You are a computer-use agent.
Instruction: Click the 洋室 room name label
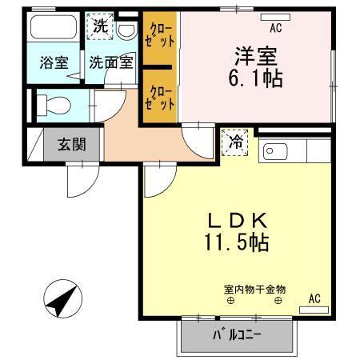(255, 57)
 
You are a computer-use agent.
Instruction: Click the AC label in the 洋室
(276, 29)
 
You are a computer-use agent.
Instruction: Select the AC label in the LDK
(314, 298)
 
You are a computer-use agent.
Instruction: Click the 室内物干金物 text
(255, 289)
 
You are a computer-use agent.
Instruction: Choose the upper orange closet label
(160, 37)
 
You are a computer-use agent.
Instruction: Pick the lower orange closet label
(160, 97)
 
